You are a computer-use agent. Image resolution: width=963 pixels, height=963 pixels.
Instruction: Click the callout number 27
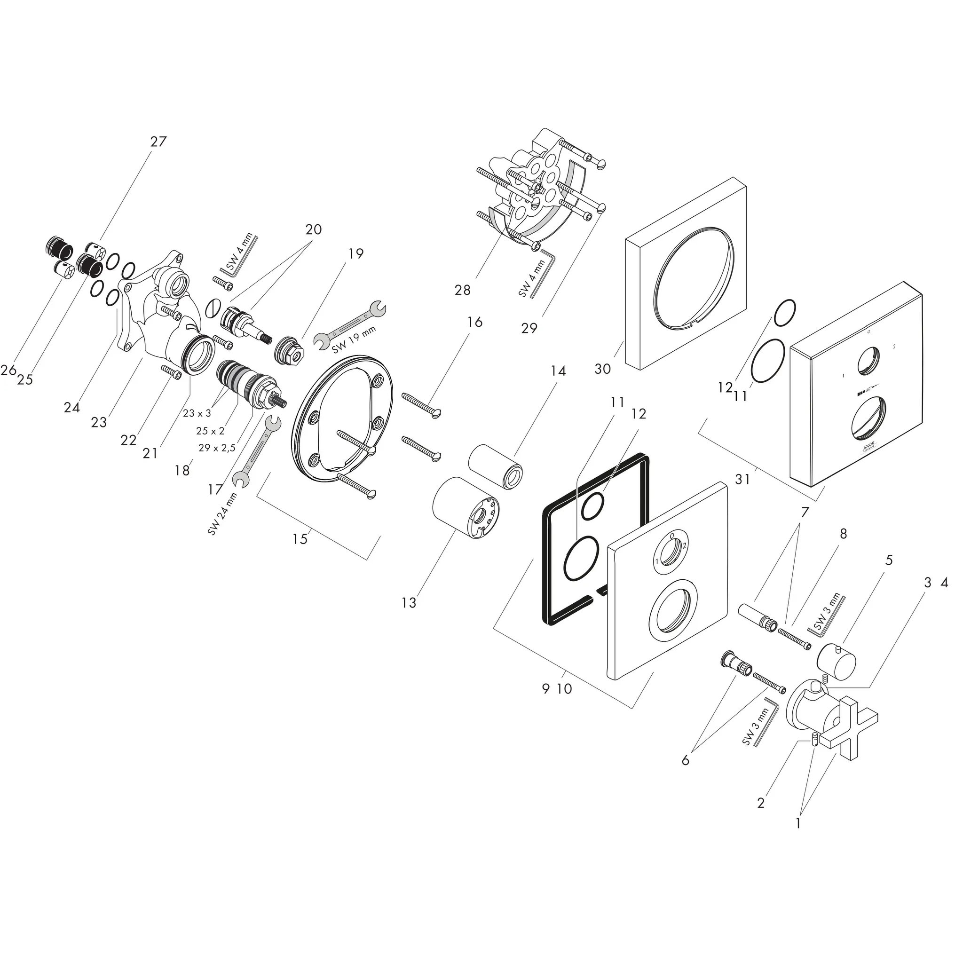point(158,142)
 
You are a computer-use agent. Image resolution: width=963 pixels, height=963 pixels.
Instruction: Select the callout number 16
point(474,322)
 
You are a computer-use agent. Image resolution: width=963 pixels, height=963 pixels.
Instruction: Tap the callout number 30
point(602,369)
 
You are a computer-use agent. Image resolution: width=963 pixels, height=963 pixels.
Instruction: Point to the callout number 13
point(408,603)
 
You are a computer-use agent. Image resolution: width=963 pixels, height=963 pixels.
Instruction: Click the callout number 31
point(742,479)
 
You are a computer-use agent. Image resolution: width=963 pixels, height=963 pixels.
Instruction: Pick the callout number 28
point(462,290)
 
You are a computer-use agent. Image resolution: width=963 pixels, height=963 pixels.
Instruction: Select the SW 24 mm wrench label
point(223,514)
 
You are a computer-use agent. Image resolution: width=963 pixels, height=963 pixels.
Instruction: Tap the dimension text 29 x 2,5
point(217,448)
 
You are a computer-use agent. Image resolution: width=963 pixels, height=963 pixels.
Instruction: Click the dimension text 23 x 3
point(197,413)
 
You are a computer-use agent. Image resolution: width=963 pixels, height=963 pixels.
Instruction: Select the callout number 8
point(843,534)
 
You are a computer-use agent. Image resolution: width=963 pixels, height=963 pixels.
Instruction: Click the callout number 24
point(72,408)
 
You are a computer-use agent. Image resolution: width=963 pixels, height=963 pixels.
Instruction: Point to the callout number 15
point(300,539)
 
